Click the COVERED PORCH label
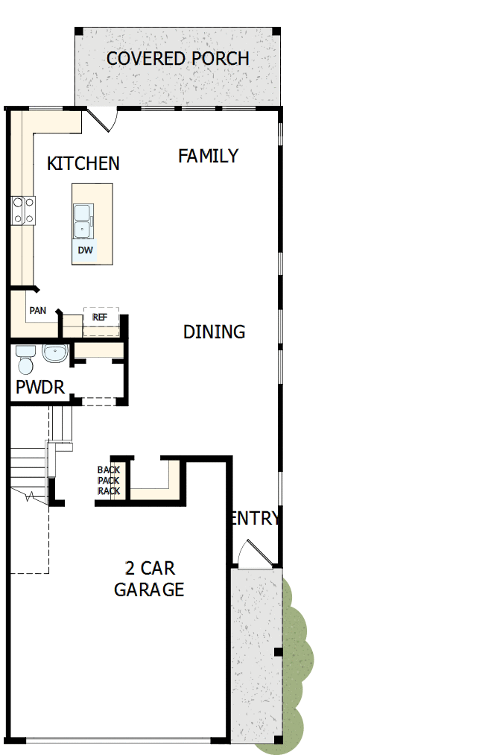[x=177, y=59]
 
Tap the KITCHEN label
[x=83, y=163]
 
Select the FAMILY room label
[x=208, y=156]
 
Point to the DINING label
[x=214, y=332]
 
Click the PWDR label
[x=40, y=388]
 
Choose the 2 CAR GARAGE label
[x=149, y=579]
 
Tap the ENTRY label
[x=256, y=518]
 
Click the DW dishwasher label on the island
[x=86, y=250]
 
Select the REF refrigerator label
[x=100, y=317]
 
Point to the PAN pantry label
[x=37, y=310]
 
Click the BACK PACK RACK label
[x=109, y=481]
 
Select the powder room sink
[x=55, y=353]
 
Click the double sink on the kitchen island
[x=83, y=221]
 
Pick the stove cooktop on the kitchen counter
[x=23, y=209]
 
